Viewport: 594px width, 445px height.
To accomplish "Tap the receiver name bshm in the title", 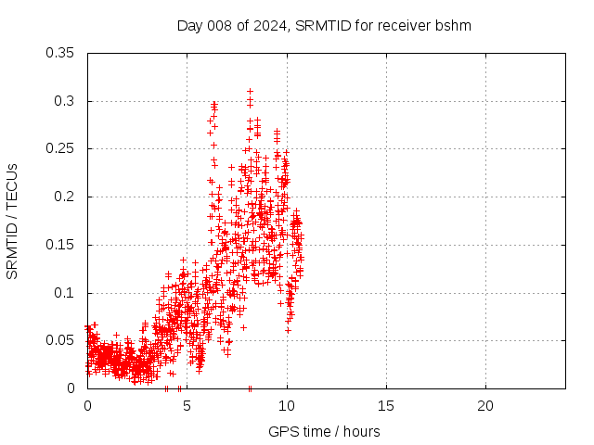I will pyautogui.click(x=455, y=25).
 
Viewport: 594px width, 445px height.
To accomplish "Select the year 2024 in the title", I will pyautogui.click(x=269, y=25).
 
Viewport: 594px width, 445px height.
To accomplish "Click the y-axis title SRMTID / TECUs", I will pyautogui.click(x=12, y=221).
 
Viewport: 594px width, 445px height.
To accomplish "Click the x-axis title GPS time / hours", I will pyautogui.click(x=324, y=431).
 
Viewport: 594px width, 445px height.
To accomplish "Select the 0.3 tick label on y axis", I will pyautogui.click(x=65, y=101).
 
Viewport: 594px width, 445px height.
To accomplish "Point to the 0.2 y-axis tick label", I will pyautogui.click(x=65, y=197).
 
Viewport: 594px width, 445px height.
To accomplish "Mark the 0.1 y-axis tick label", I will pyautogui.click(x=65, y=293).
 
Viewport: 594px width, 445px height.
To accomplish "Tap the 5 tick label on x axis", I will pyautogui.click(x=187, y=406).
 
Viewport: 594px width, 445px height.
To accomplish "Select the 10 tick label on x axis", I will pyautogui.click(x=286, y=406).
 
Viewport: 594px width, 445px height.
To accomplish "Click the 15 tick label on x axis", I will pyautogui.click(x=385, y=406).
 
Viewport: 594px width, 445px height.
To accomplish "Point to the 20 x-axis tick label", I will pyautogui.click(x=484, y=406).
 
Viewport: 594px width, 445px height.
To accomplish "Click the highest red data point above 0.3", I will pyautogui.click(x=250, y=91).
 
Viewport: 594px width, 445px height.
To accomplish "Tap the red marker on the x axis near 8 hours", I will pyautogui.click(x=250, y=388).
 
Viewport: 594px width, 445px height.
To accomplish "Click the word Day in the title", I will pyautogui.click(x=190, y=25).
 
